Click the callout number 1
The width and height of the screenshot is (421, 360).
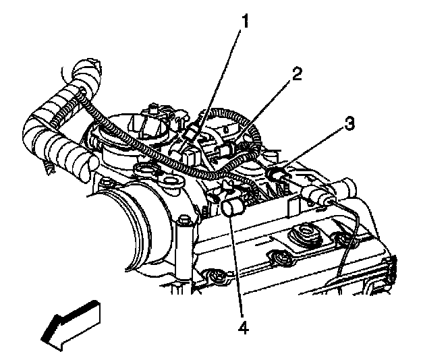coord(246,22)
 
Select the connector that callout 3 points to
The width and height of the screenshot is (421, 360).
coord(278,175)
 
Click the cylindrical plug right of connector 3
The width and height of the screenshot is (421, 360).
coord(320,196)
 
